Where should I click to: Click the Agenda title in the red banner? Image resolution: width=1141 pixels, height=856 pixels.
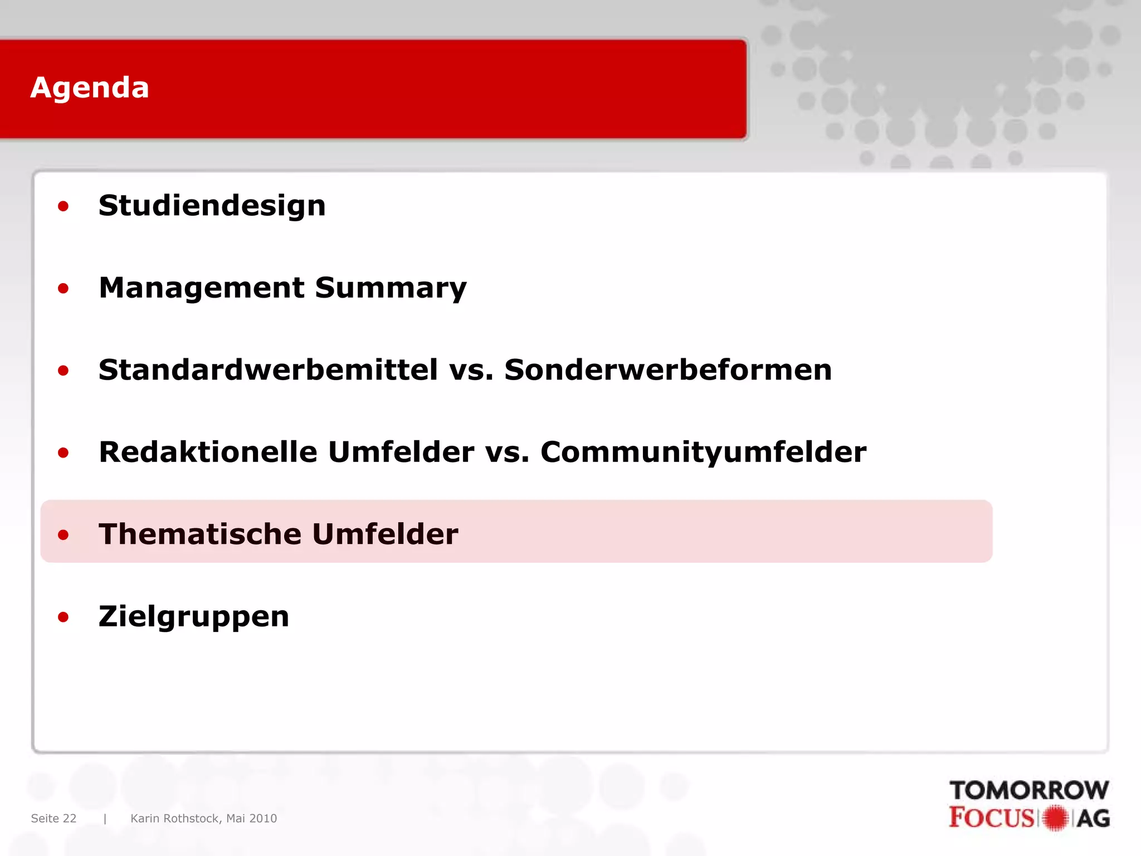tap(90, 88)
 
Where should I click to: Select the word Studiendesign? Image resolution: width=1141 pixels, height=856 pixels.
tap(212, 206)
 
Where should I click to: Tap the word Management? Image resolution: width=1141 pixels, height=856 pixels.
tap(201, 288)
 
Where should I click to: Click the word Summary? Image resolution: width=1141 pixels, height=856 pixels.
tap(390, 288)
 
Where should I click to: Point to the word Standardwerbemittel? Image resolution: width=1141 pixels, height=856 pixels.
tap(268, 370)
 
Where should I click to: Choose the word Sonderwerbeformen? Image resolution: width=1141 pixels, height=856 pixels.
tap(667, 370)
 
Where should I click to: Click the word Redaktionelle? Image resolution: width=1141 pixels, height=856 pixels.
tap(208, 452)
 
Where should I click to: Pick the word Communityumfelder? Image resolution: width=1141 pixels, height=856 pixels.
tap(703, 452)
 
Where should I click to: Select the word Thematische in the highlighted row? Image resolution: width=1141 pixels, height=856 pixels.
tap(200, 534)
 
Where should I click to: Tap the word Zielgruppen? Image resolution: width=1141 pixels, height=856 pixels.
tap(194, 616)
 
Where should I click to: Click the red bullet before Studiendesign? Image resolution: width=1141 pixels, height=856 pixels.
tap(63, 207)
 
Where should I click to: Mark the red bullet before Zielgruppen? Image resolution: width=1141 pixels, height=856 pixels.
tap(63, 617)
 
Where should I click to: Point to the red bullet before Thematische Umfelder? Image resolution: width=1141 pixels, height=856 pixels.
tap(63, 535)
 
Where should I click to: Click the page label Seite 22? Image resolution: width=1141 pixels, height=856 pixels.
tap(53, 818)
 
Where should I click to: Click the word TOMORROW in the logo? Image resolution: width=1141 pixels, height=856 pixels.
tap(1028, 790)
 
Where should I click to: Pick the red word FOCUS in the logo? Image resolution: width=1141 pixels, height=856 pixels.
tap(992, 818)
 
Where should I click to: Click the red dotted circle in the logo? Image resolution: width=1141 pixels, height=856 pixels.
tap(1055, 818)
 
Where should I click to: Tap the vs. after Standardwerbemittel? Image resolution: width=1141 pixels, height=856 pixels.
tap(471, 370)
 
